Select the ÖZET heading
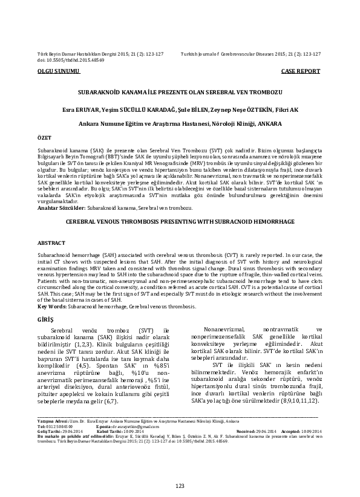[44, 138]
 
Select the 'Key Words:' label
[53, 307]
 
